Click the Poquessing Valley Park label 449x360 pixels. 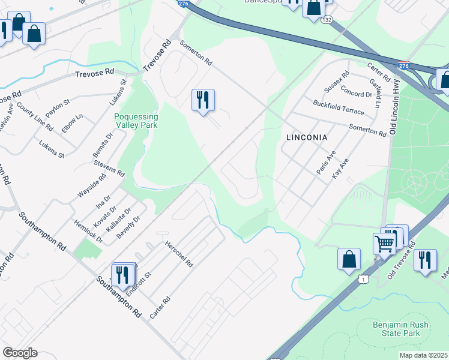click(x=136, y=121)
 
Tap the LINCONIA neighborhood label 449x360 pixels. click(x=306, y=137)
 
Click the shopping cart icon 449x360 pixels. click(x=384, y=243)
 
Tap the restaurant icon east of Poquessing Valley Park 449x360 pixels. click(x=203, y=100)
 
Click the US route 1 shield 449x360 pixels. click(x=363, y=280)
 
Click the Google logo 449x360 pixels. click(x=20, y=353)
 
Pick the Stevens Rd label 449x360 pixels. click(x=109, y=166)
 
